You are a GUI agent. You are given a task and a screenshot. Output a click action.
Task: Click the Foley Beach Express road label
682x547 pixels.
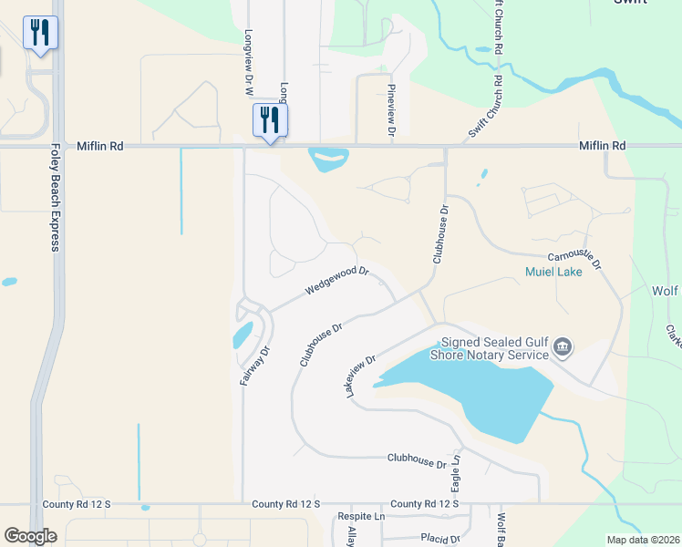[x=55, y=198]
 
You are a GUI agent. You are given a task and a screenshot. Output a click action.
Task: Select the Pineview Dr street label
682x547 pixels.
[x=391, y=110]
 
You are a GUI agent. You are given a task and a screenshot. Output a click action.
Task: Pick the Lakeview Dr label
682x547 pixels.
[x=360, y=376]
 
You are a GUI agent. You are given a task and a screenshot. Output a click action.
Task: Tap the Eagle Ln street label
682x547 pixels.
[x=456, y=471]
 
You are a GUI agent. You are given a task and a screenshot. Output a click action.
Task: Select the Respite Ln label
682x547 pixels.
[x=362, y=517]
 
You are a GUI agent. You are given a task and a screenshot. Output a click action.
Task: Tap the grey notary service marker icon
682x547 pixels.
[x=563, y=346]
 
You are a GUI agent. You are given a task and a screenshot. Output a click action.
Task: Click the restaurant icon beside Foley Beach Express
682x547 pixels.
[x=40, y=34]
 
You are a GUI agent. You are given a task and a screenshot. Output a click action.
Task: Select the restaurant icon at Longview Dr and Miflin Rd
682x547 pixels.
[x=270, y=119]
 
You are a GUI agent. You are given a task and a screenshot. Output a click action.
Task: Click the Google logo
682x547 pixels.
[x=30, y=536]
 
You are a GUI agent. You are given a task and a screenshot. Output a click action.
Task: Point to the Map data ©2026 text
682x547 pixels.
[x=642, y=540]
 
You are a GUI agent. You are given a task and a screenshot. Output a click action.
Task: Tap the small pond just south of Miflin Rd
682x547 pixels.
[x=327, y=160]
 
